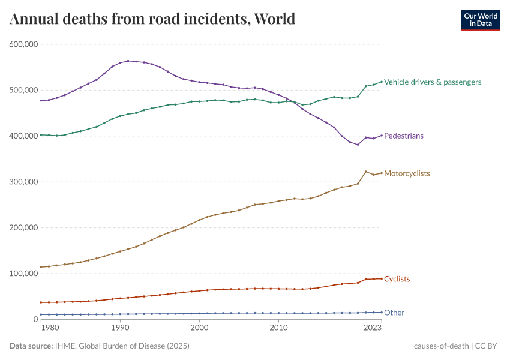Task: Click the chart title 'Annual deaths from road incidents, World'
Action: click(152, 19)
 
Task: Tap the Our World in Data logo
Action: click(480, 20)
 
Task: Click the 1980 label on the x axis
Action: click(50, 328)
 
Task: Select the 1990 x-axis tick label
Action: click(120, 328)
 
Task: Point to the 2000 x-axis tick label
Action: click(199, 328)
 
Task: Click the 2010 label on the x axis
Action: click(278, 328)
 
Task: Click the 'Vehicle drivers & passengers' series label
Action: click(432, 82)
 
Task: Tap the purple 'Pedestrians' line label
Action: click(403, 136)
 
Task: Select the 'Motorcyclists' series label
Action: click(407, 173)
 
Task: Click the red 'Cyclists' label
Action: click(397, 279)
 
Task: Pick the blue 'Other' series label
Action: click(394, 313)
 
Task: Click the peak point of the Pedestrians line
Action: click(128, 61)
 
